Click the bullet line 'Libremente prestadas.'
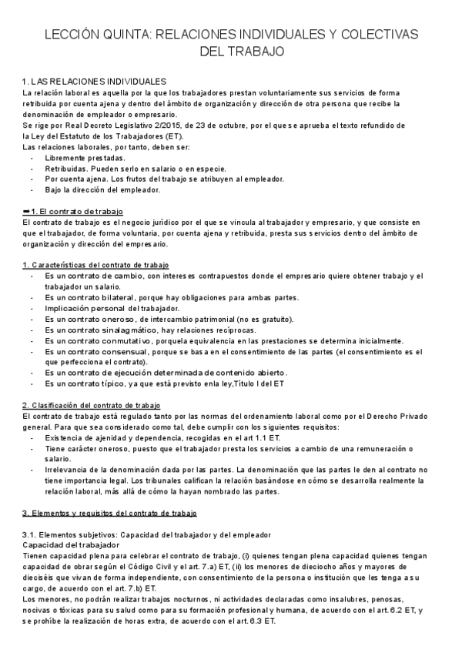pyautogui.click(x=85, y=158)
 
